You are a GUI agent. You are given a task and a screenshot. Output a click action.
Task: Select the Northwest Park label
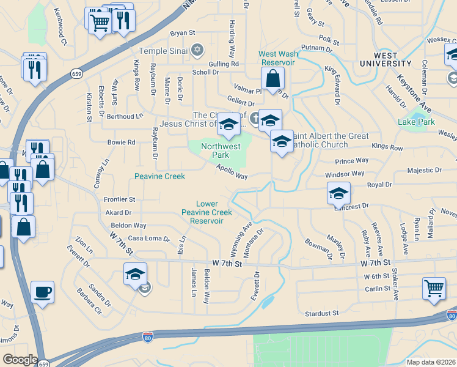point(221,150)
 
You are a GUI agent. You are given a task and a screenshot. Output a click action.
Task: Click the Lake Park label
point(416,122)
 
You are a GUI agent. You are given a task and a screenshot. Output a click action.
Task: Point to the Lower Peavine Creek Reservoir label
point(206,212)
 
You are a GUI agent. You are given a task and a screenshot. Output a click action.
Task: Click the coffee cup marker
point(42,292)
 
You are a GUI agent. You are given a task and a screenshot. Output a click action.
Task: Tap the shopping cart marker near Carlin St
point(433,288)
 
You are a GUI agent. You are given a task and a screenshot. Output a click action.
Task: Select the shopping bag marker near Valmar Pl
point(272,78)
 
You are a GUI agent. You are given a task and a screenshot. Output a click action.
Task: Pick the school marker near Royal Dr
point(338,193)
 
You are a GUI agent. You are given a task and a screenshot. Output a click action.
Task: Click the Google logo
point(20,360)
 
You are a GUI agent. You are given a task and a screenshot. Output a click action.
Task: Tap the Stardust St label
point(322,313)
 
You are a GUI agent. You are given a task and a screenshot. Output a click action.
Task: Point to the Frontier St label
point(119,199)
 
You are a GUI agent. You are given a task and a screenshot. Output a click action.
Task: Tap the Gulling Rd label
point(224,64)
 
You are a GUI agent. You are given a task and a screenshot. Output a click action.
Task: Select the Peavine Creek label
point(159,176)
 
